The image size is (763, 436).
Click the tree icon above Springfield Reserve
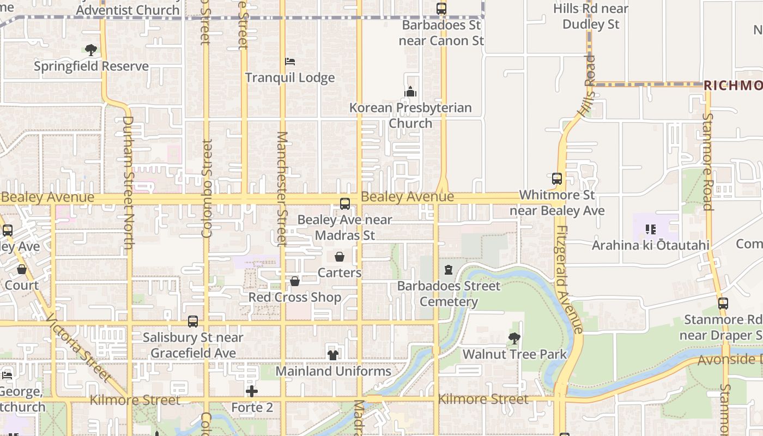91,50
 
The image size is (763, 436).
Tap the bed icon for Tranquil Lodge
290,62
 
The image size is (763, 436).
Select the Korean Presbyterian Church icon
410,92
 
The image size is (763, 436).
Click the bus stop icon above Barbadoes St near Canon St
441,9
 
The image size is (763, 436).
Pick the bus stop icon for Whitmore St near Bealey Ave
557,179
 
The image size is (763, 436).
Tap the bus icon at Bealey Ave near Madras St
345,204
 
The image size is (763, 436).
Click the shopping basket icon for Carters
340,257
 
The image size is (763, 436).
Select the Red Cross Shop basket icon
295,281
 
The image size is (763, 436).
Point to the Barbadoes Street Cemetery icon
449,270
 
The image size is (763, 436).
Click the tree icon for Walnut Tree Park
514,338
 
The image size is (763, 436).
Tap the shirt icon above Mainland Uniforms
333,355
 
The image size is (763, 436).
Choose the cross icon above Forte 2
251,391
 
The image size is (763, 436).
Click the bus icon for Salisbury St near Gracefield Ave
193,322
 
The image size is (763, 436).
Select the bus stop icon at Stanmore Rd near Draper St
723,304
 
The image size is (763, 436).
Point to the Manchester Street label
282,189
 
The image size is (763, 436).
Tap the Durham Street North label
128,183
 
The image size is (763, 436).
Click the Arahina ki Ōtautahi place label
651,245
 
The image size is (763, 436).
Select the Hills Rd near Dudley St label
591,16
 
